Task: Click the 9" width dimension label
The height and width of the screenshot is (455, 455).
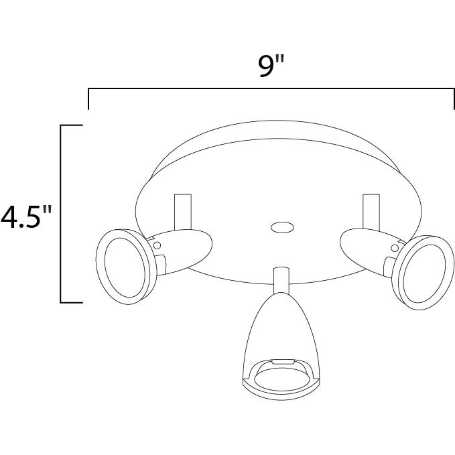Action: (x=271, y=67)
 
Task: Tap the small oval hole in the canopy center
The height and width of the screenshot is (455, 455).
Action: (x=282, y=228)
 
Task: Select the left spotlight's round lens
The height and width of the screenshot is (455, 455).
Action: (x=125, y=267)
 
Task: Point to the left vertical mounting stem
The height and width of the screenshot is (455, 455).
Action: (x=183, y=212)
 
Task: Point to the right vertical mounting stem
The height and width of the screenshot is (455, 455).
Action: (x=371, y=212)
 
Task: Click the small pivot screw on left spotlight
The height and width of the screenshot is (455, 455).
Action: (x=157, y=245)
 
